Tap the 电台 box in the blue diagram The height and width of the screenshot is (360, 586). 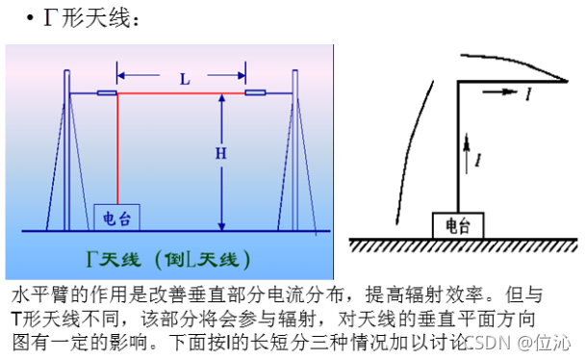(117, 218)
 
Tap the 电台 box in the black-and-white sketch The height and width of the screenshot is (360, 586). (458, 226)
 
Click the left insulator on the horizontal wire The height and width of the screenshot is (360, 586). (106, 94)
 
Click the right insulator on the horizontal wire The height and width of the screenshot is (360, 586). (255, 94)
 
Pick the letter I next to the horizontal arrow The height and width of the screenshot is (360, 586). (528, 94)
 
